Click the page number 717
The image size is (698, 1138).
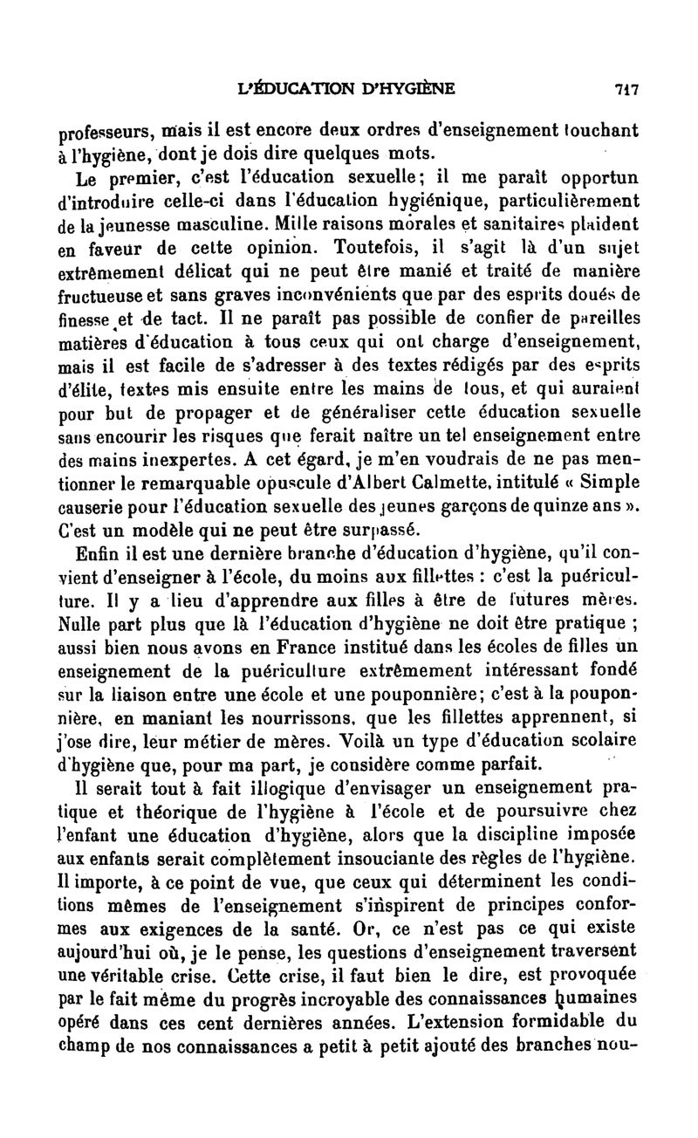pyautogui.click(x=626, y=88)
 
